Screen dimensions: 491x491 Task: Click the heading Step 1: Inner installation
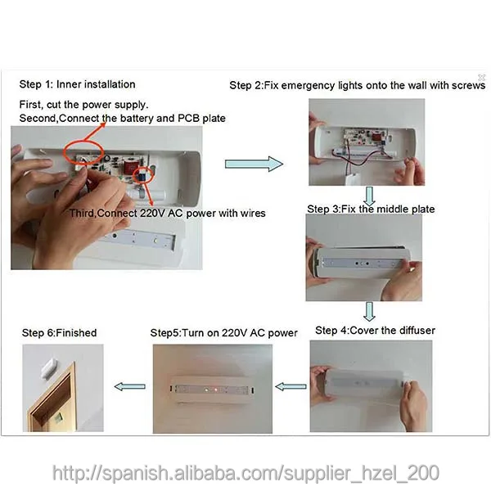(x=77, y=84)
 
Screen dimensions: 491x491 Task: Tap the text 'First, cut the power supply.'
(x=83, y=105)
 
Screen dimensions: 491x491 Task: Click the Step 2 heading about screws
(x=358, y=85)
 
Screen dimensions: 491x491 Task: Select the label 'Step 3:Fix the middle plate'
(x=371, y=209)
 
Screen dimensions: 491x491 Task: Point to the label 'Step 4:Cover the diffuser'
(x=375, y=331)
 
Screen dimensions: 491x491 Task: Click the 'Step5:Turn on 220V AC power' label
(x=223, y=332)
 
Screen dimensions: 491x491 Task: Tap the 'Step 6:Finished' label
(x=59, y=332)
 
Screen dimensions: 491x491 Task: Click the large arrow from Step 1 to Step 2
(x=254, y=164)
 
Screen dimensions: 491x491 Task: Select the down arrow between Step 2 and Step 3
(x=370, y=196)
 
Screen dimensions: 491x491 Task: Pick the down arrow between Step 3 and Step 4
(x=370, y=311)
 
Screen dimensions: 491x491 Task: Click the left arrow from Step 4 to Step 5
(x=291, y=387)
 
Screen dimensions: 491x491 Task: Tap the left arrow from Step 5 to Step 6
(x=129, y=387)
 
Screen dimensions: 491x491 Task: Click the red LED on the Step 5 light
(x=216, y=390)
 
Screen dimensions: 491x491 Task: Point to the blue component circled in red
(x=142, y=176)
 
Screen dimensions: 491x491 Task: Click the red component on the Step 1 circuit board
(x=129, y=167)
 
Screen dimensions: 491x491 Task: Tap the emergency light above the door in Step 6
(x=49, y=369)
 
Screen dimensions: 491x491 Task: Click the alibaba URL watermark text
(x=245, y=472)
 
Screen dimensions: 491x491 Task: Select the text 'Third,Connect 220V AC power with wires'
(x=167, y=214)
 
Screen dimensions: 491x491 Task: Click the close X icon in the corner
(x=481, y=77)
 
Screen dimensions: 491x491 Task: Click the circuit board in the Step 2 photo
(x=365, y=137)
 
